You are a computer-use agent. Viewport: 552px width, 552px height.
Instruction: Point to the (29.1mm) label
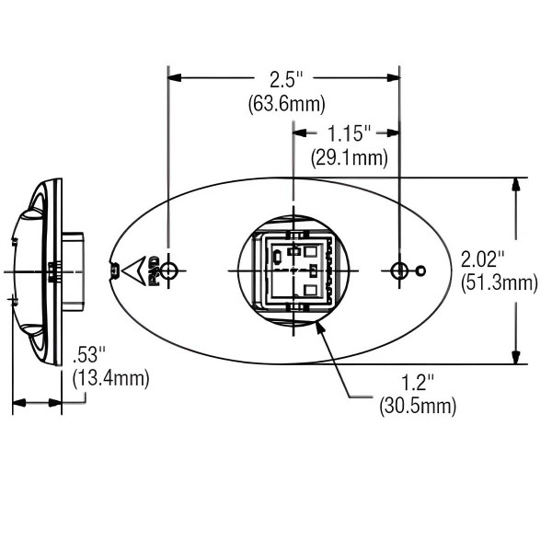point(349,158)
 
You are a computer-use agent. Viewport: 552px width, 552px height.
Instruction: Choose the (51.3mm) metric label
point(498,283)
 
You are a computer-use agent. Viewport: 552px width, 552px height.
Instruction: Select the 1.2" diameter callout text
point(418,380)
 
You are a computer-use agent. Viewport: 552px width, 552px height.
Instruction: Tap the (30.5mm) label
point(418,405)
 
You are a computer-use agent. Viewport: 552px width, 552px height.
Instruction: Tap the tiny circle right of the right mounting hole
point(420,270)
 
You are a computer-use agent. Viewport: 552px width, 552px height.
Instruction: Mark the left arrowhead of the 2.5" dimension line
point(175,78)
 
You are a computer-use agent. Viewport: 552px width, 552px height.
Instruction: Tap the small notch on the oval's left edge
point(113,270)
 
